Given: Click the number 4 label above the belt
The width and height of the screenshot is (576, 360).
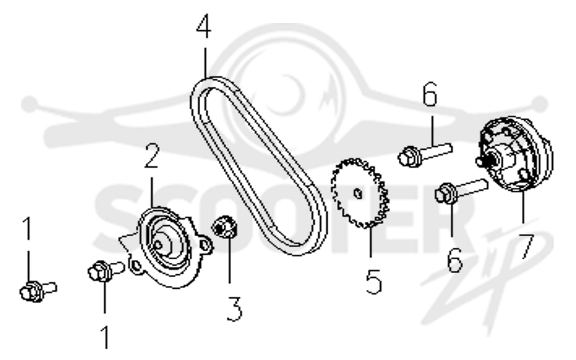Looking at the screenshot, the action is click(x=204, y=27).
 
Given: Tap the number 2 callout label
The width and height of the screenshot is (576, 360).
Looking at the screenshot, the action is click(x=152, y=156).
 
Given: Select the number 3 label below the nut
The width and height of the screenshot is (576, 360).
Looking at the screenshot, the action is click(x=235, y=309).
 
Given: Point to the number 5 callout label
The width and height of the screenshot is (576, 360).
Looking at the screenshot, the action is click(x=374, y=282).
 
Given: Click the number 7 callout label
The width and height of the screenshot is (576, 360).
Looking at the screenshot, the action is click(x=526, y=246).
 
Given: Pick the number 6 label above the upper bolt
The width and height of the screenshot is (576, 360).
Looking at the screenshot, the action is click(x=430, y=94).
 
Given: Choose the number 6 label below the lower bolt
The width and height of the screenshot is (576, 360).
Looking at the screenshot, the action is click(x=455, y=260).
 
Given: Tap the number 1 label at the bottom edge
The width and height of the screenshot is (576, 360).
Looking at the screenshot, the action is click(x=106, y=337).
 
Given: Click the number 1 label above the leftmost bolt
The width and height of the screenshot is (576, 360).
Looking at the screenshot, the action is click(x=27, y=228).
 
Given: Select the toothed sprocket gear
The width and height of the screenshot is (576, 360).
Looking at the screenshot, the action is click(x=360, y=193).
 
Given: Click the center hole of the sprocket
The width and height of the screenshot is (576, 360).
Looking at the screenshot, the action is click(x=357, y=193).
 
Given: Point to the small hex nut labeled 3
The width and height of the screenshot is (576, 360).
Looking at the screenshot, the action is click(x=225, y=227).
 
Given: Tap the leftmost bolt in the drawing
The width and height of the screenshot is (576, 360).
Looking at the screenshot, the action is click(x=37, y=290).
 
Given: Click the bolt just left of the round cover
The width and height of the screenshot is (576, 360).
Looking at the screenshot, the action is click(x=106, y=271).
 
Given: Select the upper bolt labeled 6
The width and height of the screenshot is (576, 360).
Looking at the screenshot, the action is click(x=425, y=155).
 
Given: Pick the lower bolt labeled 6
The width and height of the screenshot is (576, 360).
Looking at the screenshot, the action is click(x=462, y=190).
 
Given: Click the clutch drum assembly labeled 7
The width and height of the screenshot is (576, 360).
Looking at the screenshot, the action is click(x=515, y=154).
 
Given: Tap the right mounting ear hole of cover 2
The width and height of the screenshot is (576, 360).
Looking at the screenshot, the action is click(x=204, y=244).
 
